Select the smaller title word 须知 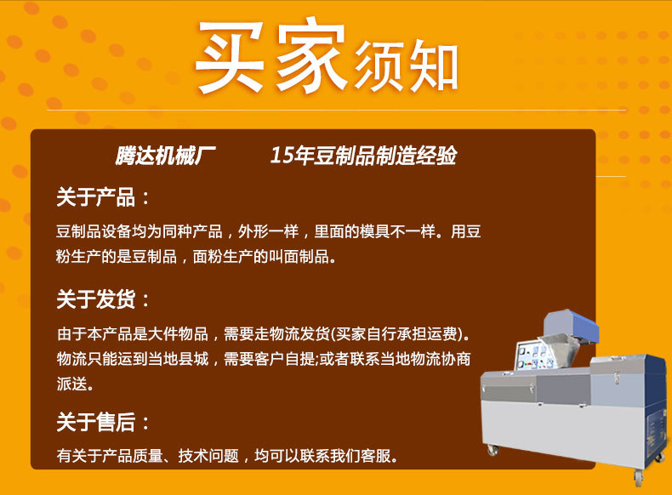(407, 65)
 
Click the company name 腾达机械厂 (166, 156)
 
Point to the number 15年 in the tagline (289, 156)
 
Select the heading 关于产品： (103, 198)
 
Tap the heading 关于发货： (103, 299)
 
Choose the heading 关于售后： (103, 423)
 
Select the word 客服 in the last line (383, 456)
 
